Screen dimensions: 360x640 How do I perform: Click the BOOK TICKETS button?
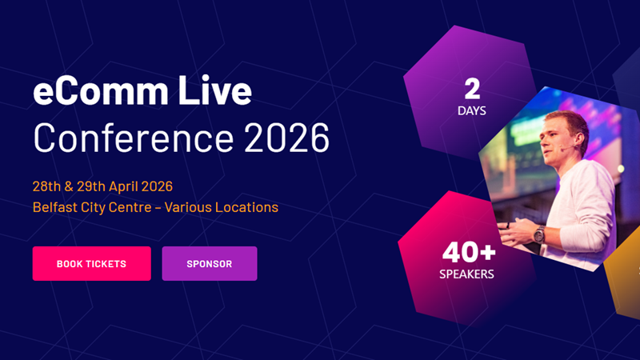91,264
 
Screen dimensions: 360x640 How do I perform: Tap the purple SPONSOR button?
209,264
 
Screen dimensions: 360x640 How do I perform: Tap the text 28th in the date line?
46,186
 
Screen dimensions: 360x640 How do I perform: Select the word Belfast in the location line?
55,207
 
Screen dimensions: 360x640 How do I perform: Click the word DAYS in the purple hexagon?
472,110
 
